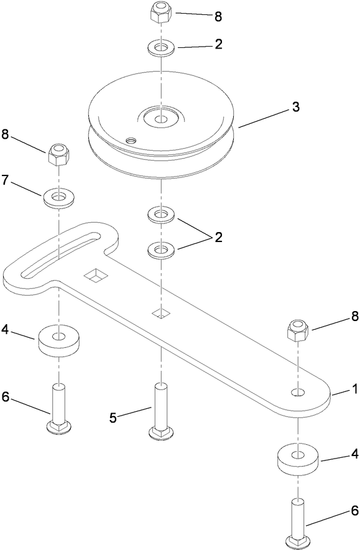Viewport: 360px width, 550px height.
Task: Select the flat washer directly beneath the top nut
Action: click(x=161, y=47)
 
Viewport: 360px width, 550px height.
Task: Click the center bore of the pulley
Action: click(x=160, y=118)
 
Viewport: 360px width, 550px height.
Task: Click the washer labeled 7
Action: click(x=59, y=198)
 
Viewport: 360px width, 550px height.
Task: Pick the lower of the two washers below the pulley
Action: click(x=161, y=251)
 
